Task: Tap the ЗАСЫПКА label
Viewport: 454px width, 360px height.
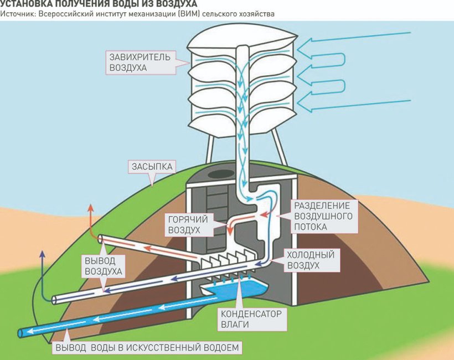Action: pyautogui.click(x=152, y=166)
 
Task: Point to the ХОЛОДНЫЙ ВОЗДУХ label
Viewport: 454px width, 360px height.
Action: pyautogui.click(x=310, y=260)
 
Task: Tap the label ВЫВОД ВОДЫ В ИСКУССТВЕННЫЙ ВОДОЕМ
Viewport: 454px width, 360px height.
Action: pyautogui.click(x=148, y=348)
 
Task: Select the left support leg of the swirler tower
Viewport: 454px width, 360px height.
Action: pyautogui.click(x=211, y=150)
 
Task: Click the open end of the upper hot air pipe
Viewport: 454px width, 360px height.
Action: pyautogui.click(x=102, y=239)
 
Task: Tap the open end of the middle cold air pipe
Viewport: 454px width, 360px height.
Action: pyautogui.click(x=55, y=300)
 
